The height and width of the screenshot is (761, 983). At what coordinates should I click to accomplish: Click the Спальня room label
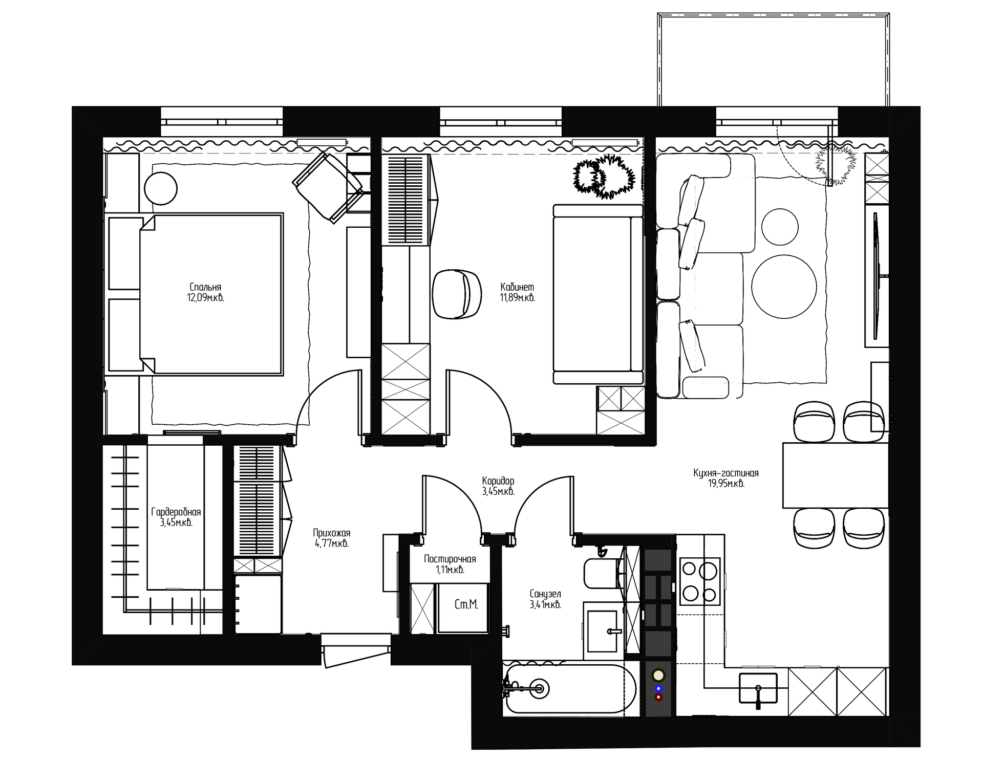(x=205, y=287)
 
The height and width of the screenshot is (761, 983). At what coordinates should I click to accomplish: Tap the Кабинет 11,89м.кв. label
(x=518, y=292)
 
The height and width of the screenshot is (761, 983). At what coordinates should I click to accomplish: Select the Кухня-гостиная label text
(x=726, y=473)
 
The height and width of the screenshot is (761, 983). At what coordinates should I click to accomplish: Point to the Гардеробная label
(x=176, y=512)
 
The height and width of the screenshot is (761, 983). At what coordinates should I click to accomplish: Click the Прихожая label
(x=332, y=533)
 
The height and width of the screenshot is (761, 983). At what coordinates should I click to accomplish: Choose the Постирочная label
(x=450, y=559)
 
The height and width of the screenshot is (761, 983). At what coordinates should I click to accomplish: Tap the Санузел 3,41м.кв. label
(x=546, y=599)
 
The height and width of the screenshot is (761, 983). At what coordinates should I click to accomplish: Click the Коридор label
(x=498, y=481)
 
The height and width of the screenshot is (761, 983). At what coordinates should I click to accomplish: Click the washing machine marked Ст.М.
(x=462, y=607)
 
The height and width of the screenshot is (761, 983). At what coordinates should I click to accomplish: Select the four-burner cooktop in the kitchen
(x=700, y=581)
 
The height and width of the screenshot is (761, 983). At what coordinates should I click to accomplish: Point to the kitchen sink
(x=758, y=688)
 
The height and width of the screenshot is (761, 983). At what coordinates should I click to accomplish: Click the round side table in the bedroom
(x=161, y=189)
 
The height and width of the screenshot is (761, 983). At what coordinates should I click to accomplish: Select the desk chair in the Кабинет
(x=457, y=294)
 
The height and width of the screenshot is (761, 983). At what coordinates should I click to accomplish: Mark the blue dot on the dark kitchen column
(x=658, y=688)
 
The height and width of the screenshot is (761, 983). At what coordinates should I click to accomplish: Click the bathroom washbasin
(x=603, y=631)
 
